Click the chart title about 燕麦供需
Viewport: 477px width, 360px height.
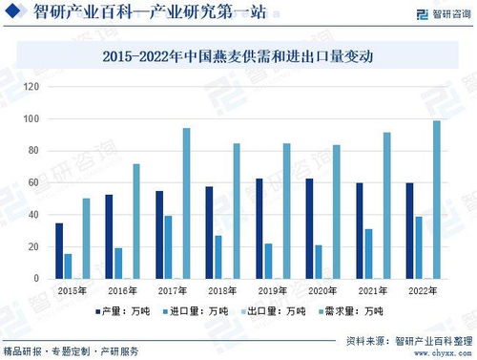(x=238, y=57)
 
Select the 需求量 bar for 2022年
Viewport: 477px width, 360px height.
(x=437, y=200)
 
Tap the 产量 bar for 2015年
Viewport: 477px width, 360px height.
(x=59, y=250)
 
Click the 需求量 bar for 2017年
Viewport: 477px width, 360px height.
(x=186, y=203)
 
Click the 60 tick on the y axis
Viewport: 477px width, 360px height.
(x=33, y=182)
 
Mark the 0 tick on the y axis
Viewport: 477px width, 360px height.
(x=35, y=279)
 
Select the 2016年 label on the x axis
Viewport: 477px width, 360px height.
(x=122, y=290)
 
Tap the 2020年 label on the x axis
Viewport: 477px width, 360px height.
(x=322, y=290)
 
